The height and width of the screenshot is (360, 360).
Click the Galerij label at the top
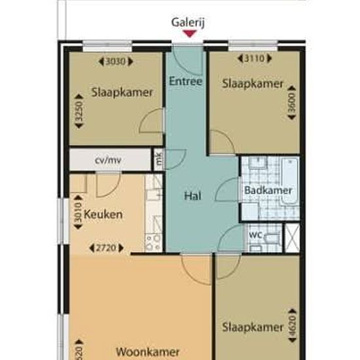point(189,21)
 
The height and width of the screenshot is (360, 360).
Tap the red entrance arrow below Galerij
point(189,33)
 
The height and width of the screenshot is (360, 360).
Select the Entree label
point(185,82)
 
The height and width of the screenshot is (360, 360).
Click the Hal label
point(192,195)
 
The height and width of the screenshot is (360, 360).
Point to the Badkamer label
point(268,190)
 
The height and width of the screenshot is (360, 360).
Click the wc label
point(255,234)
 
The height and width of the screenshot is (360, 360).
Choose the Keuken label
point(103,214)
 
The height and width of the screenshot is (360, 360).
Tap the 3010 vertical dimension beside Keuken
point(77,215)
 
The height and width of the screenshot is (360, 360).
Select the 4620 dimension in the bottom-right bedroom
point(292,325)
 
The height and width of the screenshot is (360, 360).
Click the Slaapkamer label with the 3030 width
point(122,92)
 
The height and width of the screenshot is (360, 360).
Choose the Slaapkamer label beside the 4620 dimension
point(253,327)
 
